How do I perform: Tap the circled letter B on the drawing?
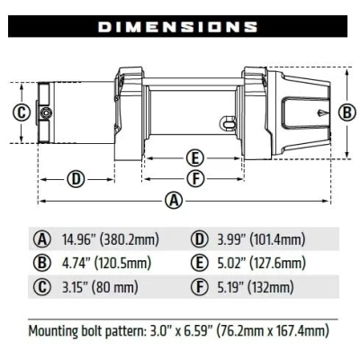[346, 112]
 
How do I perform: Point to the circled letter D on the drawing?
[76, 178]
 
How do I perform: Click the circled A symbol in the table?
[40, 239]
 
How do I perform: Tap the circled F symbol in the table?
[200, 288]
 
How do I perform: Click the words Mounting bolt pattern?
[87, 329]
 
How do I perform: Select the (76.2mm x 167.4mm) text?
[275, 329]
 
